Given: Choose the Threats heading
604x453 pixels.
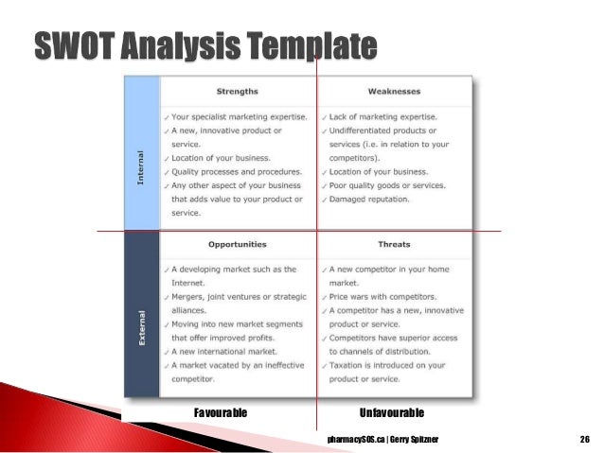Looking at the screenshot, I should point(394,245).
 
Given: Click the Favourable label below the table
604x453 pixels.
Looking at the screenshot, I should point(221,413).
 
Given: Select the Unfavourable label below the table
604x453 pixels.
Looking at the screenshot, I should point(392,413).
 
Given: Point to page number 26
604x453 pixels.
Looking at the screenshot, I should point(584,440).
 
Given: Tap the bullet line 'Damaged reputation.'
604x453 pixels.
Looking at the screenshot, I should point(369,200).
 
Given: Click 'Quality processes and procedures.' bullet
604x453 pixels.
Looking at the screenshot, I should point(236,172).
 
